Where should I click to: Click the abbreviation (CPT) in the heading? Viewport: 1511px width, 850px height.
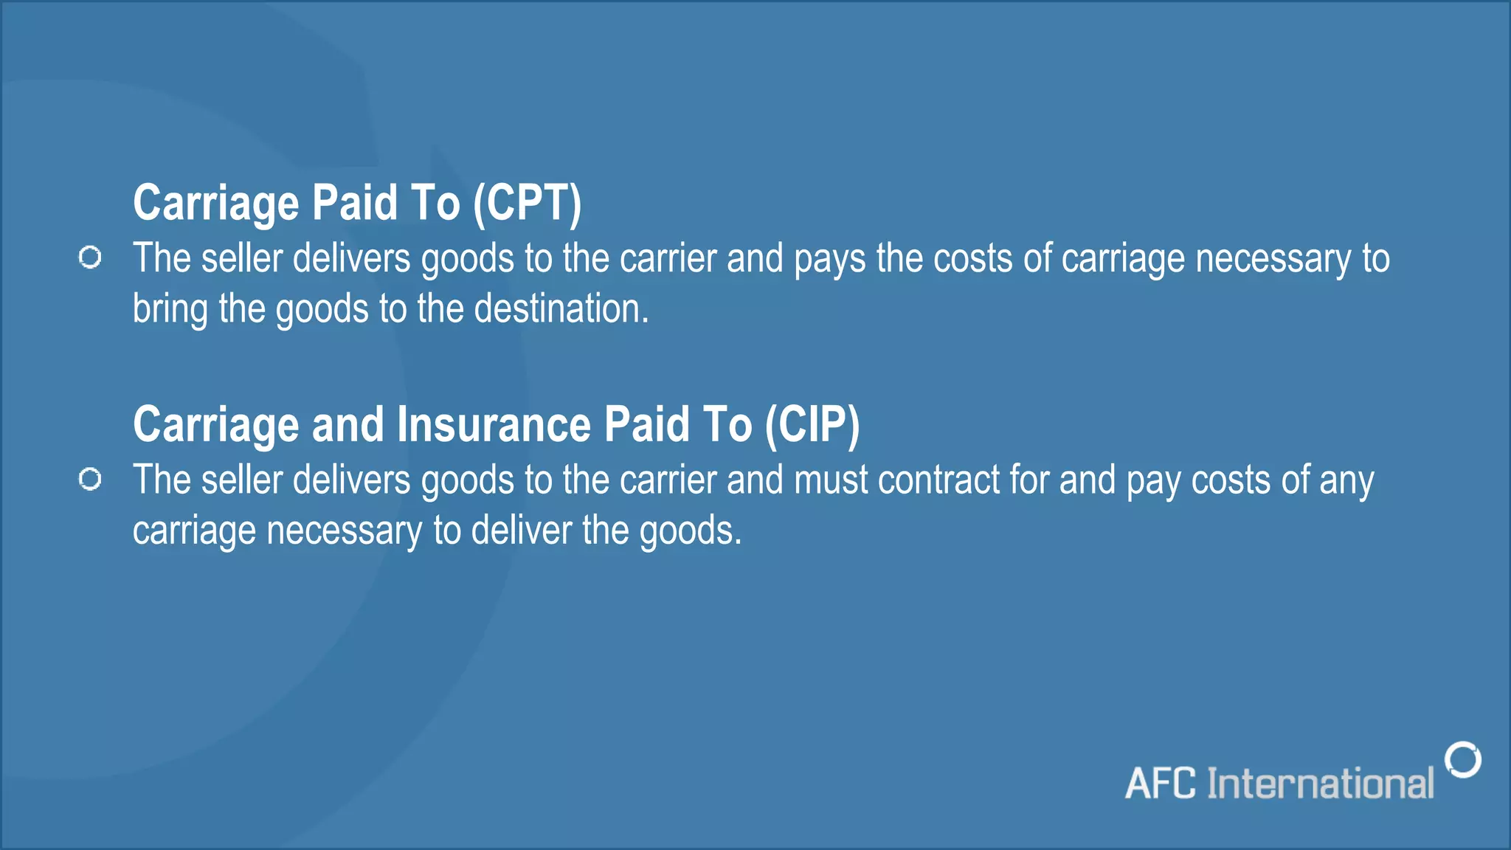pos(527,203)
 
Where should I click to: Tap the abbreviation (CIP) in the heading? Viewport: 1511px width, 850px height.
pos(812,425)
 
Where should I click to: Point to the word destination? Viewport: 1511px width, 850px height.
pos(561,308)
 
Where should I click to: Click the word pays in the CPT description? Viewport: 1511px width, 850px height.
pos(829,260)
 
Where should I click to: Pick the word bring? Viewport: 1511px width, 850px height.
pos(170,308)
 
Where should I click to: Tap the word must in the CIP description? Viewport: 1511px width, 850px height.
pos(831,480)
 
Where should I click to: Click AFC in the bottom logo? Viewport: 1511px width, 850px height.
pos(1161,784)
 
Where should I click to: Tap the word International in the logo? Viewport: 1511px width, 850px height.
pos(1321,784)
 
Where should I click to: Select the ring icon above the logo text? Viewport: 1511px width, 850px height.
pos(1463,760)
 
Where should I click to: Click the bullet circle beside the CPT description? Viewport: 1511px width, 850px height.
pos(90,258)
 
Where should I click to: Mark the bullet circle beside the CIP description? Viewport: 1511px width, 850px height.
pos(90,480)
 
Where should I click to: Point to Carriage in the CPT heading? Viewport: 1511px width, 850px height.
pos(215,203)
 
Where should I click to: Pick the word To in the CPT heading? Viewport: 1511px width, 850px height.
pos(435,203)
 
